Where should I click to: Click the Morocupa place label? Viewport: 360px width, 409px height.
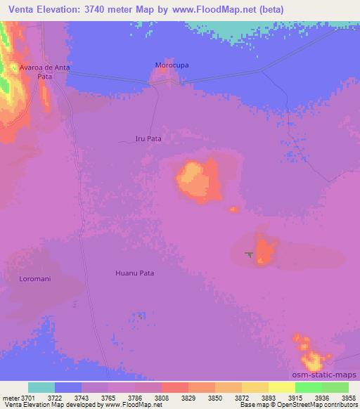(172, 65)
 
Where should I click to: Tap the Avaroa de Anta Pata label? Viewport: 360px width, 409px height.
(45, 72)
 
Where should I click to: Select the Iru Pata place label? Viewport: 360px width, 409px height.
(148, 139)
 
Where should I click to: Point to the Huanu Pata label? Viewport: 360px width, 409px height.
(134, 273)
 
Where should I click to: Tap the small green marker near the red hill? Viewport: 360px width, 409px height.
(248, 254)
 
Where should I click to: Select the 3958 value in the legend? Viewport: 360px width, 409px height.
(340, 396)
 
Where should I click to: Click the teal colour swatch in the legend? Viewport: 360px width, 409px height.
(41, 387)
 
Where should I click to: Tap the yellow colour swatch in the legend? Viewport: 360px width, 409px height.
(282, 387)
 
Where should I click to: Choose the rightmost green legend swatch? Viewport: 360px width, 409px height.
(335, 387)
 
